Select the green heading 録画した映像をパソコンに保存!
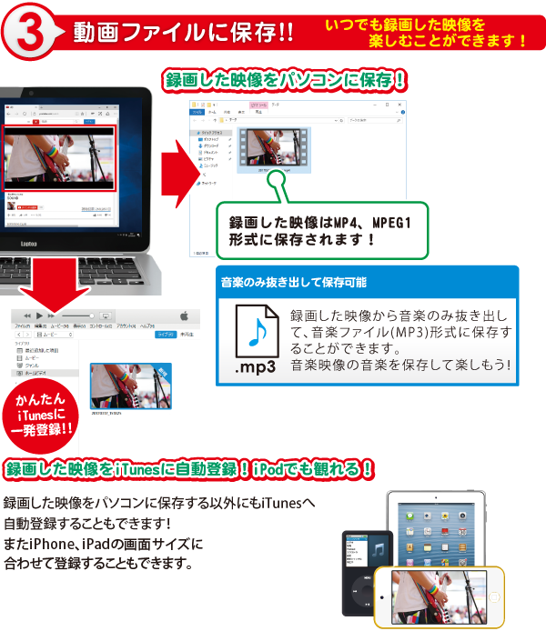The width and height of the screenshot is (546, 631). pos(284,80)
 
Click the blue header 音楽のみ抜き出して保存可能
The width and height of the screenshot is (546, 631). pos(293,283)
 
